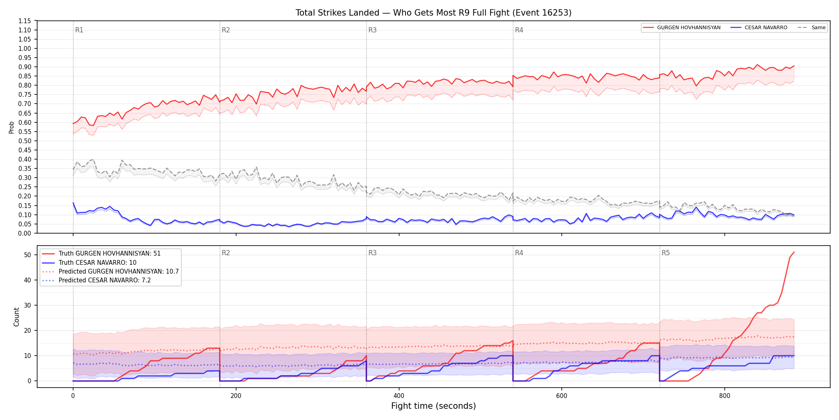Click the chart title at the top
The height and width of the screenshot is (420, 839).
pyautogui.click(x=433, y=13)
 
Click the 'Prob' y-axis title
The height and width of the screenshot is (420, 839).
pyautogui.click(x=11, y=127)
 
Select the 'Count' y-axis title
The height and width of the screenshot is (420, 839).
pyautogui.click(x=16, y=317)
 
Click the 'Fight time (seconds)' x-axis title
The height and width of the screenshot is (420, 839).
pyautogui.click(x=433, y=406)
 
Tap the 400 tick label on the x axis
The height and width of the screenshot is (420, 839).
pyautogui.click(x=399, y=396)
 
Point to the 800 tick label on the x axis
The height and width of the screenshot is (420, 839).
pyautogui.click(x=724, y=396)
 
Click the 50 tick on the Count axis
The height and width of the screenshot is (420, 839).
pyautogui.click(x=28, y=255)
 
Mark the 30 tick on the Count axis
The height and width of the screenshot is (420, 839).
pyautogui.click(x=28, y=305)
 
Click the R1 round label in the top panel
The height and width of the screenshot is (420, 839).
pyautogui.click(x=79, y=30)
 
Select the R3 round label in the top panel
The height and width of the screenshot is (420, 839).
pyautogui.click(x=372, y=30)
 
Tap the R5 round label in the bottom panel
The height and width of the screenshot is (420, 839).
pyautogui.click(x=666, y=253)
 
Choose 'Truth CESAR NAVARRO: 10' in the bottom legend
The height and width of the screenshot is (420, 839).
pyautogui.click(x=97, y=263)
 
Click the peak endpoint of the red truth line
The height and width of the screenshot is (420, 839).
pyautogui.click(x=794, y=252)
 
